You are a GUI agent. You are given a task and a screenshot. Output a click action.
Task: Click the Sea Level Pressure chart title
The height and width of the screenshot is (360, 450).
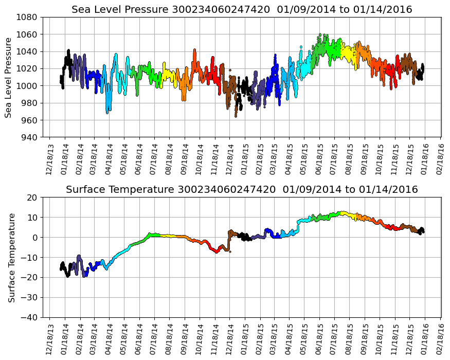coord(242,9)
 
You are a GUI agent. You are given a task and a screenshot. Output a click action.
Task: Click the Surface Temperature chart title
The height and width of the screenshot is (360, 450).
coord(242,190)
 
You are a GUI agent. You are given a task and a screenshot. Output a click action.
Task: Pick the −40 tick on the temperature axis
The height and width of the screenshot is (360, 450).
coord(29,317)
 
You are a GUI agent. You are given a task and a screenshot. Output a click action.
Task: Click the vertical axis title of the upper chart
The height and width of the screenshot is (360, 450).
coord(9,77)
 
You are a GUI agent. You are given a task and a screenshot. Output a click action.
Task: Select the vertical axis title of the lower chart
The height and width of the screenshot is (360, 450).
coord(11,257)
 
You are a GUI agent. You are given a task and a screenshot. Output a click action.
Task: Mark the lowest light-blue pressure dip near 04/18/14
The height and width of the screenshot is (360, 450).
coord(107,112)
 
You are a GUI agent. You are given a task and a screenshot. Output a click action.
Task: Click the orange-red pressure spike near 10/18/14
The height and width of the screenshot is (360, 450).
coord(194,50)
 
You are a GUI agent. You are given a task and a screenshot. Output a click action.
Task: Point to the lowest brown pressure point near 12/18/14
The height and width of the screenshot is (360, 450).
coord(236,116)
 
